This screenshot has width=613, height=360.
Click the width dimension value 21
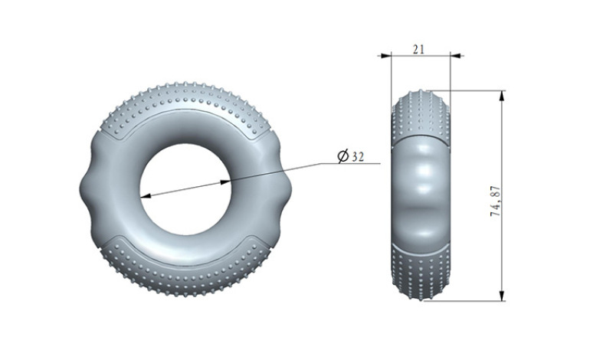418,49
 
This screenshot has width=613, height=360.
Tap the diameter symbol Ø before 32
343,156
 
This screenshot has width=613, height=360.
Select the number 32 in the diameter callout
357,157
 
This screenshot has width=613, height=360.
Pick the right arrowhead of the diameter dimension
227,181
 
